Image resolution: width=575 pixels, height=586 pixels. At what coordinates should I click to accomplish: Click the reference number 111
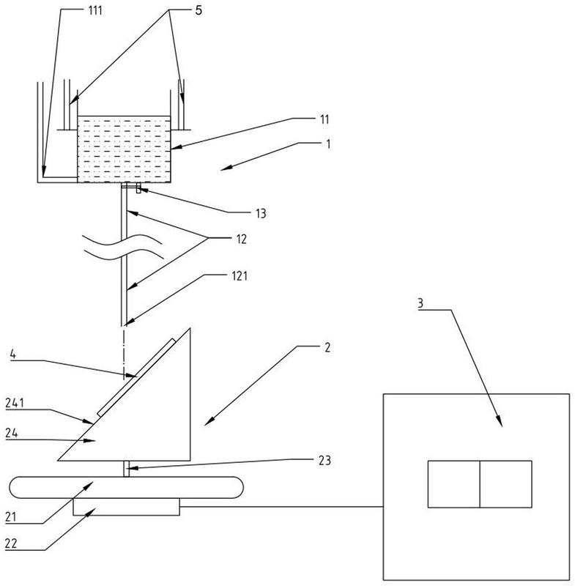click(x=95, y=10)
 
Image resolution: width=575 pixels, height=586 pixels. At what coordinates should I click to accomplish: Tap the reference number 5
click(x=199, y=10)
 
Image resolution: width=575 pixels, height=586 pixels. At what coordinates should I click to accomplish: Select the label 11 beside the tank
click(x=324, y=119)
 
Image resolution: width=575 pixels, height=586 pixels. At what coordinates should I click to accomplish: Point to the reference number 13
click(x=261, y=213)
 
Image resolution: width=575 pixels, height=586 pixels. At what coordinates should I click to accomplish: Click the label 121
click(x=240, y=276)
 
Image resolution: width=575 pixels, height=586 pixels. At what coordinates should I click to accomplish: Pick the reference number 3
click(x=420, y=303)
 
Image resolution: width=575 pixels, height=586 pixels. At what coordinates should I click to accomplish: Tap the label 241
click(x=15, y=403)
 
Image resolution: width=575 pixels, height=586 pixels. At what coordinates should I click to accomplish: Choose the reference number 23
click(x=324, y=460)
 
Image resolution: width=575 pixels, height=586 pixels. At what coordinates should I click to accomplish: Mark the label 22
click(x=11, y=543)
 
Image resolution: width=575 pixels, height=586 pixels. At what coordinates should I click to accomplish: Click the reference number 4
click(x=12, y=355)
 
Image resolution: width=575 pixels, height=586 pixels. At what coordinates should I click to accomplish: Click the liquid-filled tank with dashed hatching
click(x=124, y=149)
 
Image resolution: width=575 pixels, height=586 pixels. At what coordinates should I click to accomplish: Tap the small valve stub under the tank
click(x=138, y=188)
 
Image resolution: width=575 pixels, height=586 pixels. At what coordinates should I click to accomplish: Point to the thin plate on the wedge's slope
click(x=136, y=377)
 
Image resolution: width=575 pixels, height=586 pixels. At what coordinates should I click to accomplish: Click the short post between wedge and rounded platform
click(x=126, y=469)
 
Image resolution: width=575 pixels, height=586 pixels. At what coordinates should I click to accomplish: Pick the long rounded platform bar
click(x=126, y=487)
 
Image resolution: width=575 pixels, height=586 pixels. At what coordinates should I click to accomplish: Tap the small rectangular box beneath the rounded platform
click(x=126, y=507)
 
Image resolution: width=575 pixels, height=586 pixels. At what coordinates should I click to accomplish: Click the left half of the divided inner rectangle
click(x=453, y=484)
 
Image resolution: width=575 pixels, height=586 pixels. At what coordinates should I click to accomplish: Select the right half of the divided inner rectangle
click(x=506, y=484)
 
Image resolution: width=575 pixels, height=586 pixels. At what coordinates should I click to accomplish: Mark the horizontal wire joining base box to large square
click(x=281, y=507)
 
